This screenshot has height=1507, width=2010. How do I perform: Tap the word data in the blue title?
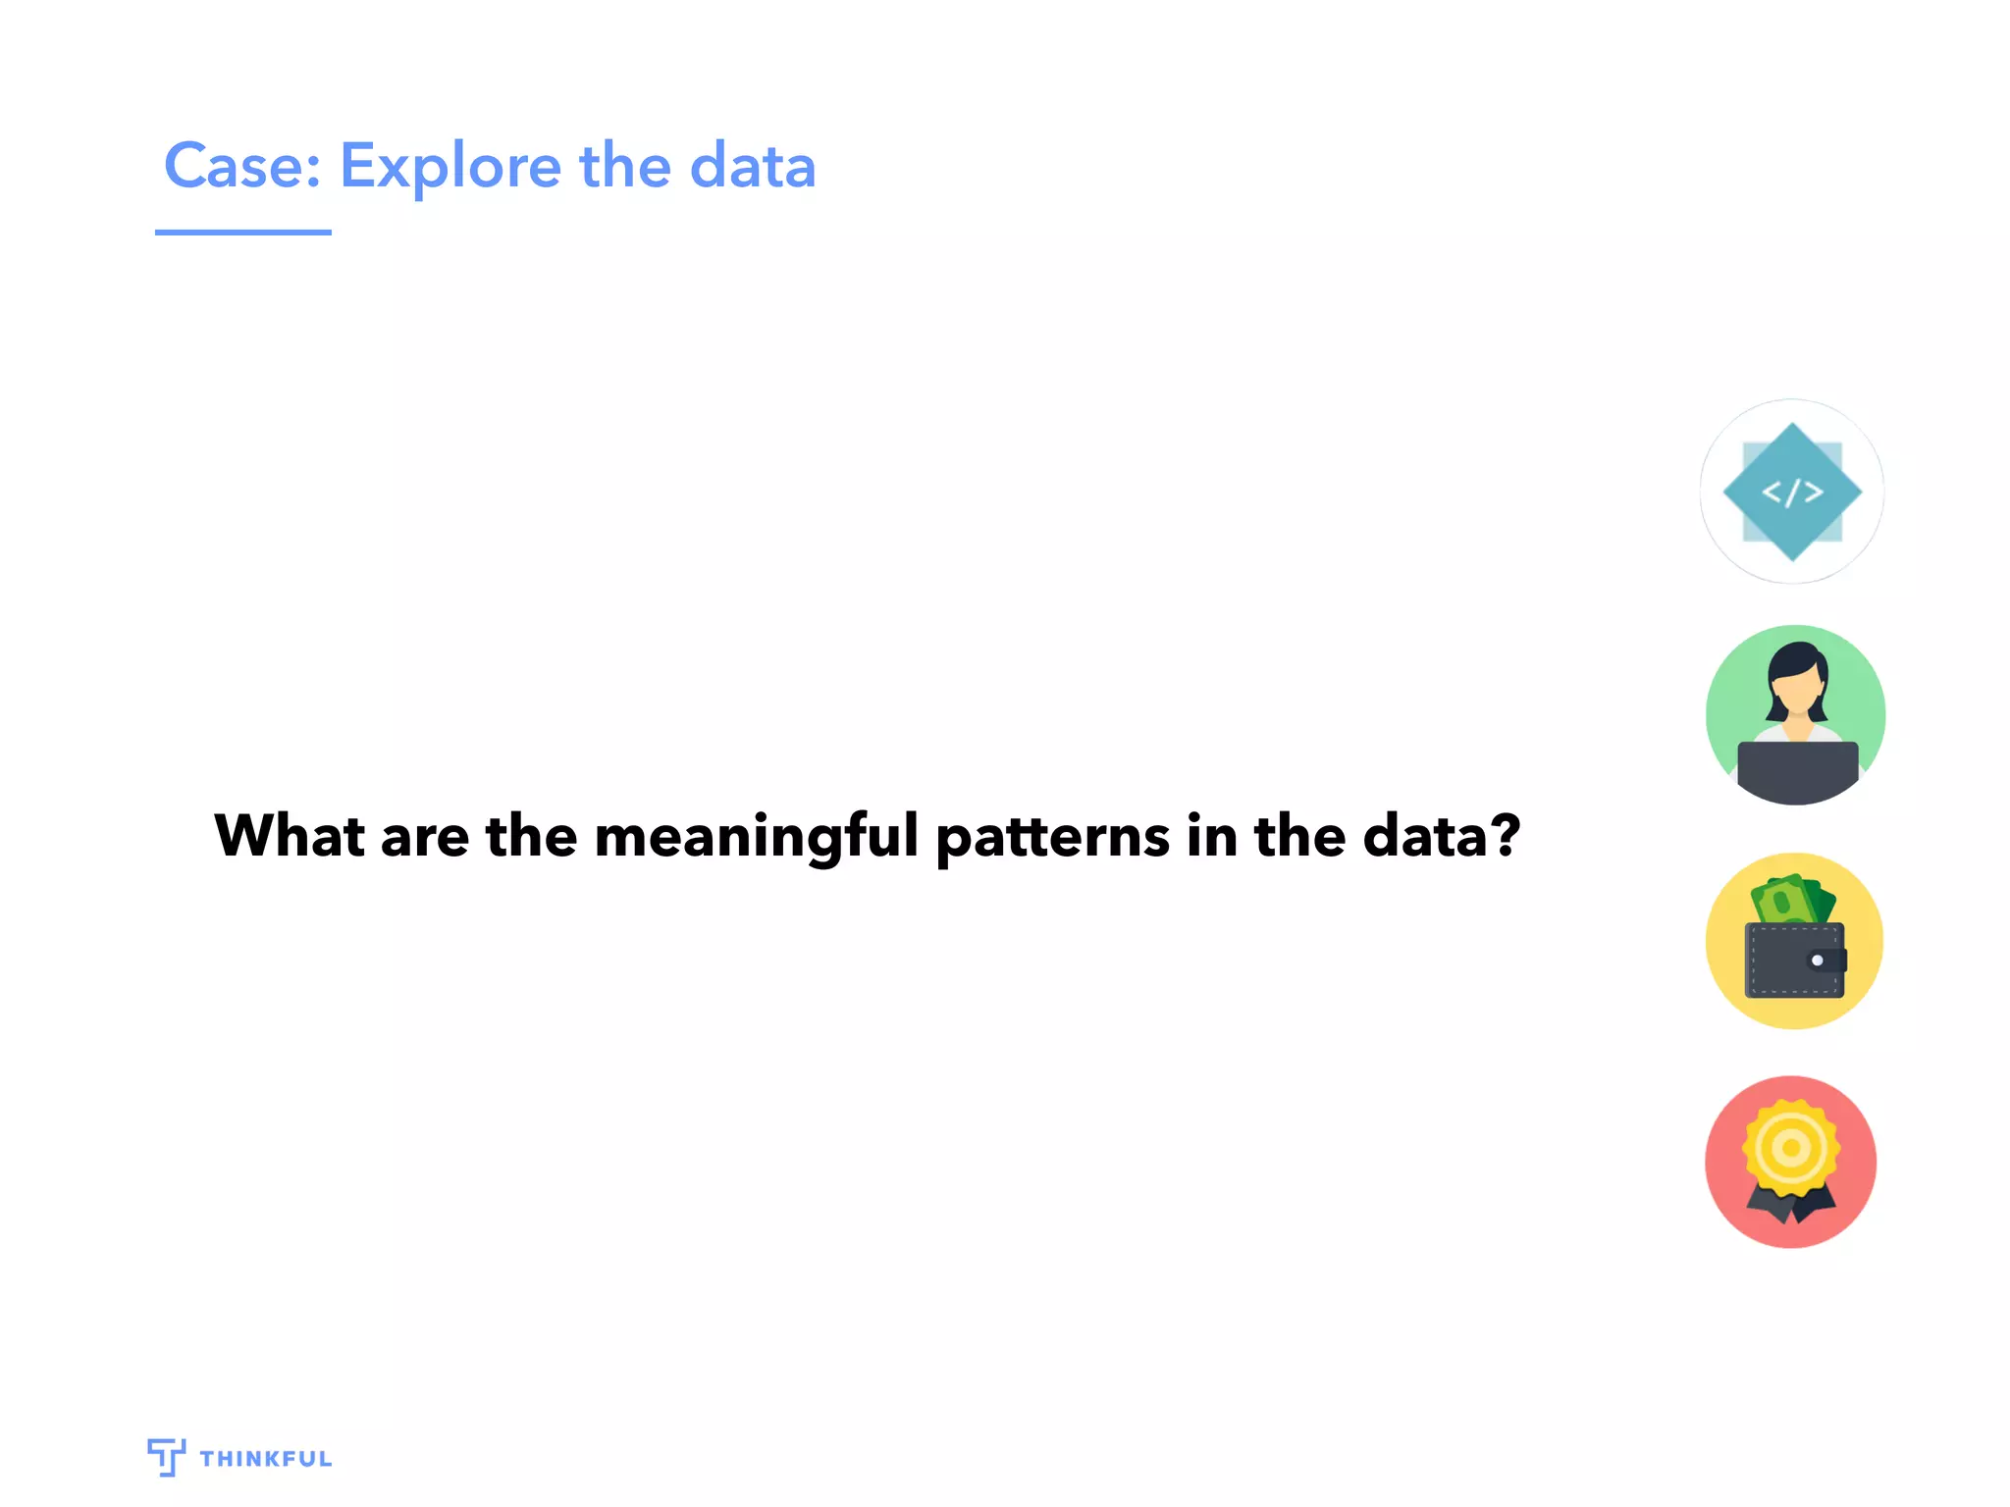pyautogui.click(x=753, y=166)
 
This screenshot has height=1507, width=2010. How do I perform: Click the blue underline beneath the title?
pyautogui.click(x=242, y=233)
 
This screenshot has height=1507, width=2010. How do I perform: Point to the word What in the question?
pyautogui.click(x=290, y=836)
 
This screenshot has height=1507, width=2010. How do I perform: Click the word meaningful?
pyautogui.click(x=757, y=837)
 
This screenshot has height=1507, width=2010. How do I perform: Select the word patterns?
pyautogui.click(x=1053, y=837)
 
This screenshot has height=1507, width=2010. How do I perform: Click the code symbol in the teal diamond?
pyautogui.click(x=1792, y=492)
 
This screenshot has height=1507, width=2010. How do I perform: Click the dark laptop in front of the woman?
pyautogui.click(x=1797, y=769)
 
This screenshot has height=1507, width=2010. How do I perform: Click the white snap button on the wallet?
pyautogui.click(x=1817, y=961)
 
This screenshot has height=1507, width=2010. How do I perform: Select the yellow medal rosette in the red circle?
pyautogui.click(x=1791, y=1147)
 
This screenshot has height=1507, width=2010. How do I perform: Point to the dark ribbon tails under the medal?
pyautogui.click(x=1791, y=1206)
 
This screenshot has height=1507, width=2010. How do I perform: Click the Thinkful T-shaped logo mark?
pyautogui.click(x=166, y=1457)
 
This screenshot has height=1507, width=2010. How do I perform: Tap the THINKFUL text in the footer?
pyautogui.click(x=266, y=1459)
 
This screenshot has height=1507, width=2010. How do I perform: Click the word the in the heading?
pyautogui.click(x=624, y=166)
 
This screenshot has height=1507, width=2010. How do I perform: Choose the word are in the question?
pyautogui.click(x=424, y=837)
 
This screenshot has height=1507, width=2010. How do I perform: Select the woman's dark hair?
pyautogui.click(x=1798, y=657)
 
